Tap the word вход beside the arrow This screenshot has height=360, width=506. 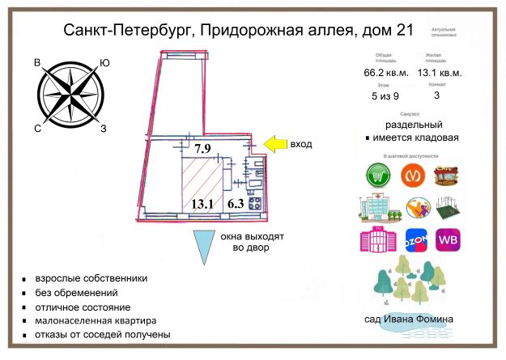click(301, 144)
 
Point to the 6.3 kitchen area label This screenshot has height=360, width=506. click(236, 204)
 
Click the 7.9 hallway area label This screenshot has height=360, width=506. click(202, 148)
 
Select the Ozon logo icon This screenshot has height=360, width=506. click(415, 240)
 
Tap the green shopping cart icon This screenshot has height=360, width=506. click(376, 175)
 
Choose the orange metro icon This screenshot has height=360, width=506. click(413, 175)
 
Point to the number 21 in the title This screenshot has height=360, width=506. click(402, 31)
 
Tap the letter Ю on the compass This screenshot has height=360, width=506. click(104, 63)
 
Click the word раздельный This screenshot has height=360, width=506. click(413, 125)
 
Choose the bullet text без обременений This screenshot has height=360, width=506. click(77, 293)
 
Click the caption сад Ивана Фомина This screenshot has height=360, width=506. click(410, 320)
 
